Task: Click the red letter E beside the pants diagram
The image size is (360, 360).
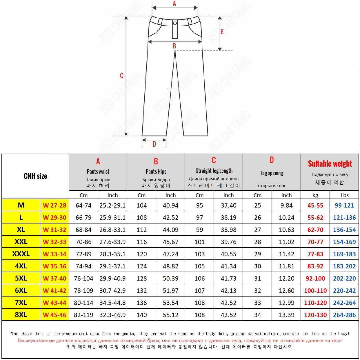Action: click(x=222, y=32)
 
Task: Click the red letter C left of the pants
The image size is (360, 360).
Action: click(x=122, y=76)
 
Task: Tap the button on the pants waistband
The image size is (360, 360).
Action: click(x=175, y=23)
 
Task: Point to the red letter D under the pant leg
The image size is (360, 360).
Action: click(x=154, y=144)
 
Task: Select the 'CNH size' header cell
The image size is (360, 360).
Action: click(x=35, y=176)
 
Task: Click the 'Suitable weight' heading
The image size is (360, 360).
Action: click(x=330, y=164)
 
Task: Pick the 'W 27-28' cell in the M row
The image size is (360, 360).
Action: click(x=54, y=206)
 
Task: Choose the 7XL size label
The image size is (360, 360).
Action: click(x=21, y=303)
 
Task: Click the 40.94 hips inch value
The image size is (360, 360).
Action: click(x=170, y=206)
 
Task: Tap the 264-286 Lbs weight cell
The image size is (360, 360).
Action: click(x=344, y=315)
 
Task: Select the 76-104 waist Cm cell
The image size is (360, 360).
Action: click(x=83, y=279)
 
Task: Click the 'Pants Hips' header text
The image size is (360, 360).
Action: click(x=156, y=171)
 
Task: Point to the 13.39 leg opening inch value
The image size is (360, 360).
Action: click(x=286, y=315)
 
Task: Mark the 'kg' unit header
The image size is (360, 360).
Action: click(x=315, y=195)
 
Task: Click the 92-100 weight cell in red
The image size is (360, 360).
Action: click(x=315, y=279)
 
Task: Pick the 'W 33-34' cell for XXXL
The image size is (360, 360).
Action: click(x=54, y=254)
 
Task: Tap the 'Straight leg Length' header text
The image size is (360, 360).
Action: click(x=214, y=171)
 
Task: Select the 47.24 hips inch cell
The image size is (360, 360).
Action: click(x=170, y=254)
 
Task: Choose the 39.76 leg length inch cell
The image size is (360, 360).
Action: click(x=228, y=242)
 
